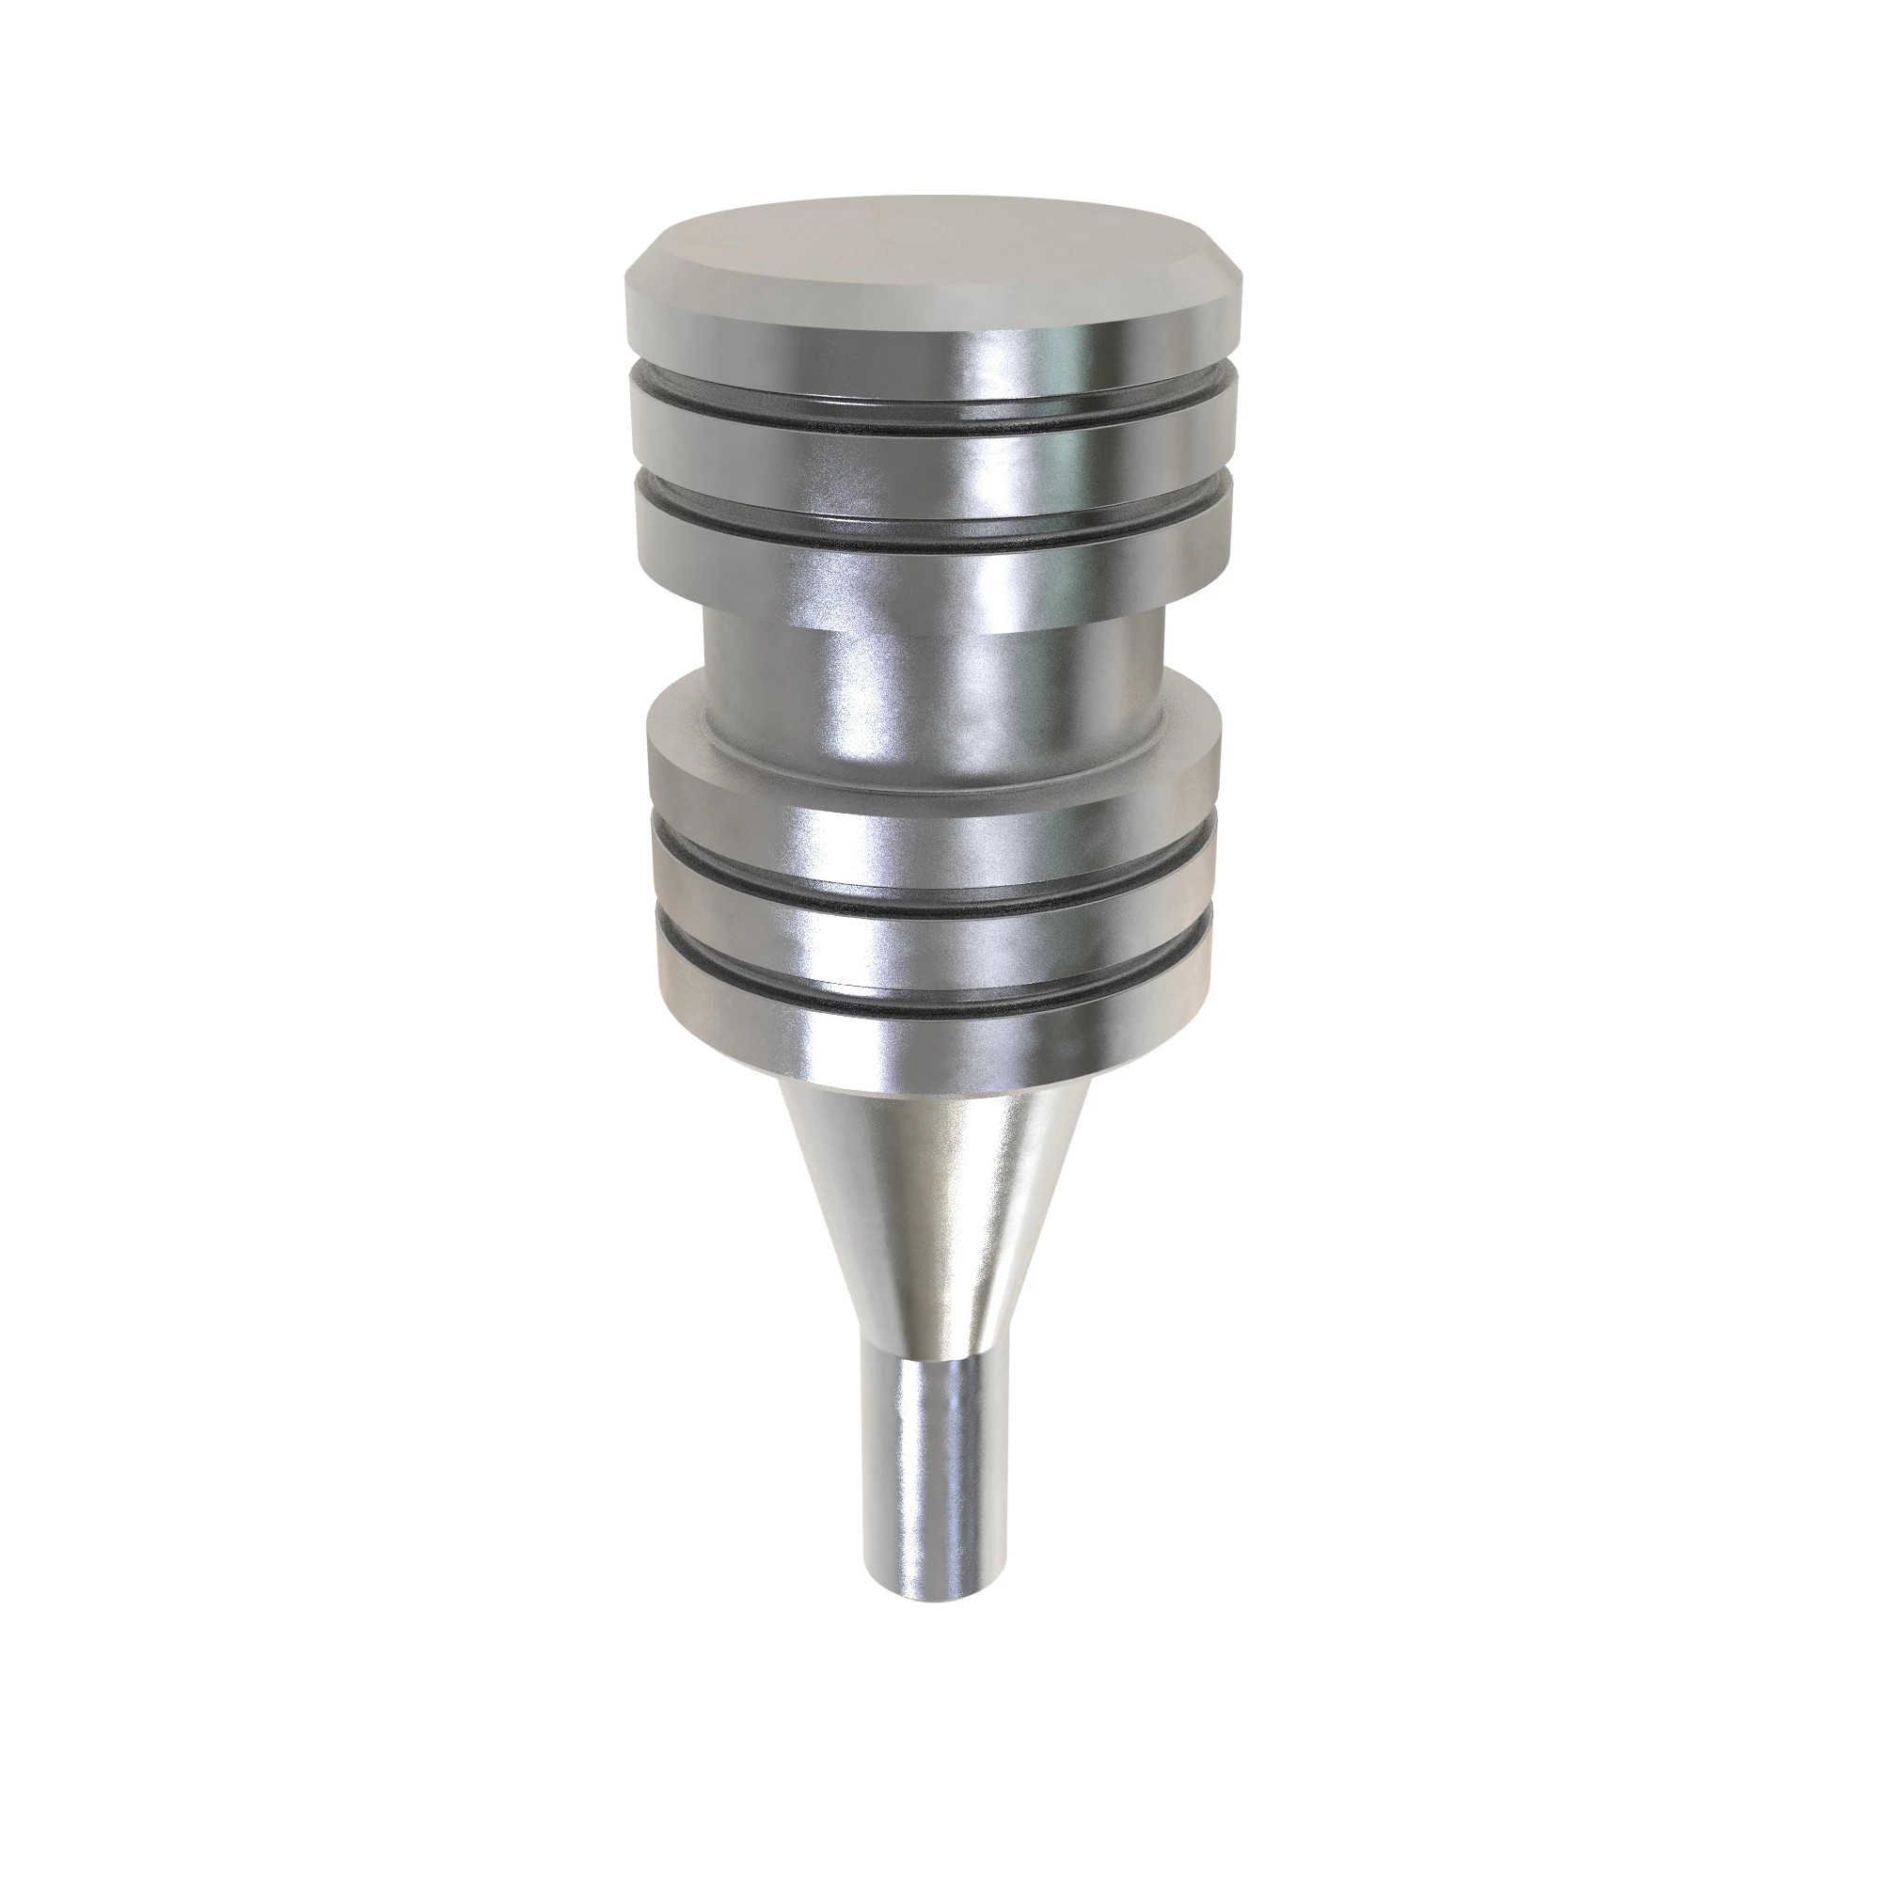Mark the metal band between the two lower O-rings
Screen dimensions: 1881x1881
(x=935, y=940)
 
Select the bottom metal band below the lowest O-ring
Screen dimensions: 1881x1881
(x=935, y=1047)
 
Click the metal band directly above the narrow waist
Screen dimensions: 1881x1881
(x=935, y=584)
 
